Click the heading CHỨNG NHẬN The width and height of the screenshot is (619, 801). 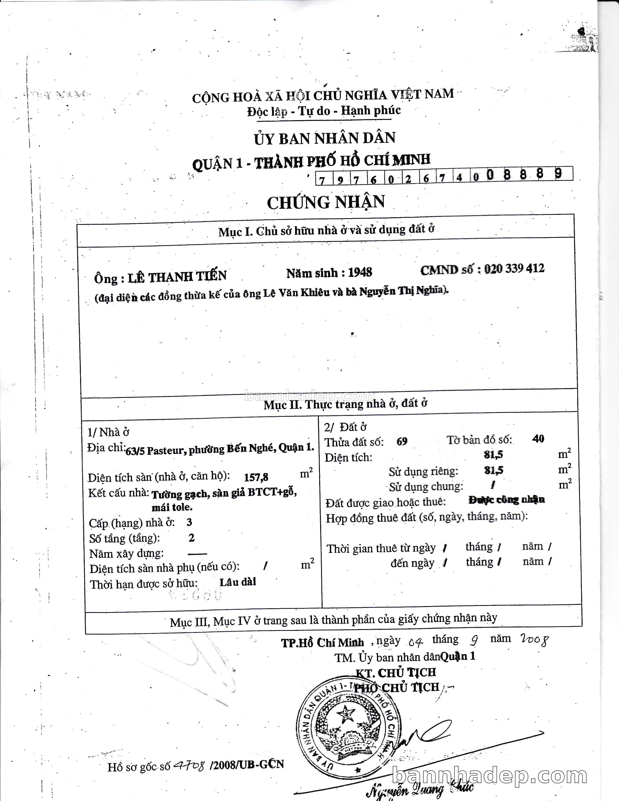click(326, 202)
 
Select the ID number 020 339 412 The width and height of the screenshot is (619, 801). click(514, 269)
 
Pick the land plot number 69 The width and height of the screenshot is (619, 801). click(402, 442)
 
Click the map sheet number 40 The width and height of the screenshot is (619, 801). click(538, 439)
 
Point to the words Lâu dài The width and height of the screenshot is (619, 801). click(238, 582)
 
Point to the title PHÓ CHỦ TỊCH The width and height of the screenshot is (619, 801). click(397, 688)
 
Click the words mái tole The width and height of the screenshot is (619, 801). click(172, 508)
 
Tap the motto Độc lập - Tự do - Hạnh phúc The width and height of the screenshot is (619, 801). click(324, 111)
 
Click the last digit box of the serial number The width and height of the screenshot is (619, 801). click(558, 174)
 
